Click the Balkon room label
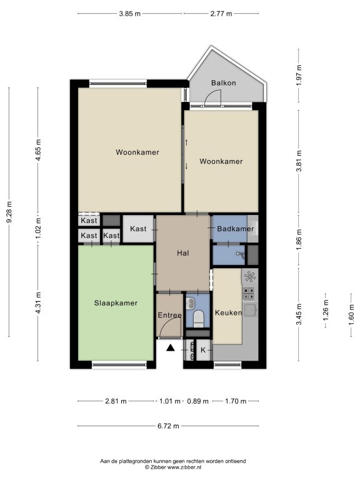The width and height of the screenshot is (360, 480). point(224,82)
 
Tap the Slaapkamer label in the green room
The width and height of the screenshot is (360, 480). point(116,303)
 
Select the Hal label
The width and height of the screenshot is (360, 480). point(183,253)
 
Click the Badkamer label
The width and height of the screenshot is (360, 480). point(236,229)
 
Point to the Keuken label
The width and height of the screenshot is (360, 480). point(228,312)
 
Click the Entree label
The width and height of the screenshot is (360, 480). point(169,315)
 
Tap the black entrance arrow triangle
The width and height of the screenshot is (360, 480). point(171,347)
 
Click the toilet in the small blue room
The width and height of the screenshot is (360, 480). point(199,318)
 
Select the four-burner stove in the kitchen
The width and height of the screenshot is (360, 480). point(249,294)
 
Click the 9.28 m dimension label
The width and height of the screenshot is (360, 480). point(9,212)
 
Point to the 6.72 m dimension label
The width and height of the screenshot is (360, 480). point(168,426)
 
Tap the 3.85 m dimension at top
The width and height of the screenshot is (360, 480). point(129,14)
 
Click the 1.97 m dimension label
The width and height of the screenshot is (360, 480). point(299,75)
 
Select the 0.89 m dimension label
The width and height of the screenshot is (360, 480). point(197,401)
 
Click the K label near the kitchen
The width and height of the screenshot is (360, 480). point(203,350)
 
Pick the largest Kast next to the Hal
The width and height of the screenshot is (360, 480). point(138,229)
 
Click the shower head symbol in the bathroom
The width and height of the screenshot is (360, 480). point(241,255)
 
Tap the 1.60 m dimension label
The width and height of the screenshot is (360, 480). point(351,315)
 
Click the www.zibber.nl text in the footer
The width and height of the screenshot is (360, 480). point(184,467)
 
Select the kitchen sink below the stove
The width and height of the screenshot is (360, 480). point(250,310)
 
